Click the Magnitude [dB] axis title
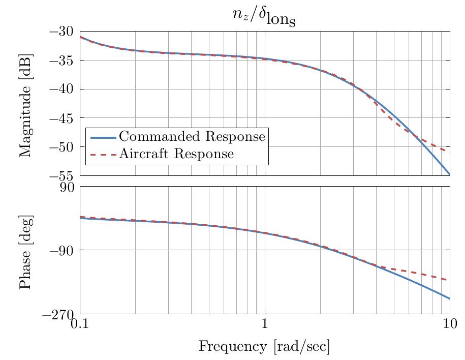coord(25,104)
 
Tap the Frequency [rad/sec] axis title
coord(264,347)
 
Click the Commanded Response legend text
coord(192,137)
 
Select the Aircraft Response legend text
coord(176,154)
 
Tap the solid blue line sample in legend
coord(103,137)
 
